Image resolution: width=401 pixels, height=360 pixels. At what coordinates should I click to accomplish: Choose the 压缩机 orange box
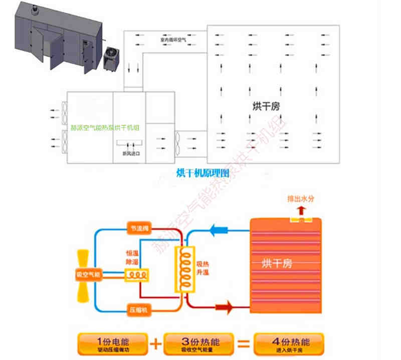[137, 310]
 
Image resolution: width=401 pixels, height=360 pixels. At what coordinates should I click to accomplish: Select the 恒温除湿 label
[131, 257]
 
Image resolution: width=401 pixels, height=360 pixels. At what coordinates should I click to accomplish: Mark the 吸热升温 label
[202, 269]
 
